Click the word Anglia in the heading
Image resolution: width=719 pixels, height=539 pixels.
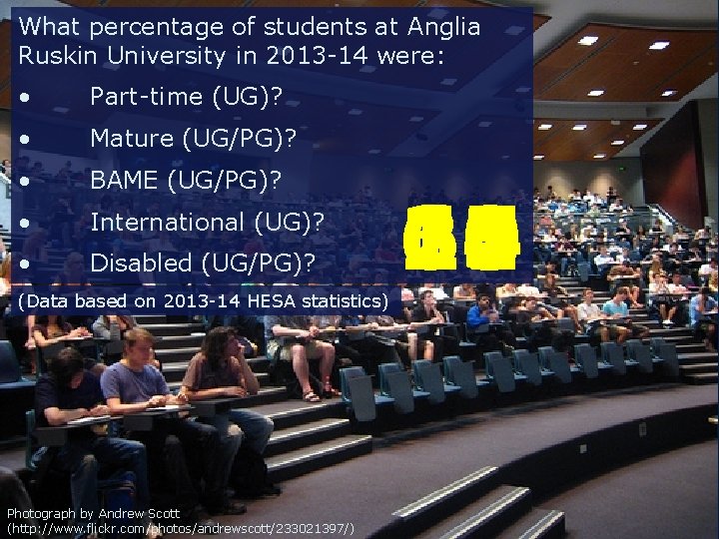pyautogui.click(x=440, y=27)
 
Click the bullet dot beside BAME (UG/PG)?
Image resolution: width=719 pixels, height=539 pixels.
pyautogui.click(x=35, y=182)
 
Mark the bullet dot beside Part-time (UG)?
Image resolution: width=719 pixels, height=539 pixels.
pyautogui.click(x=35, y=98)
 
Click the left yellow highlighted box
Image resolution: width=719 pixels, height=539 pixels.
pyautogui.click(x=433, y=238)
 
